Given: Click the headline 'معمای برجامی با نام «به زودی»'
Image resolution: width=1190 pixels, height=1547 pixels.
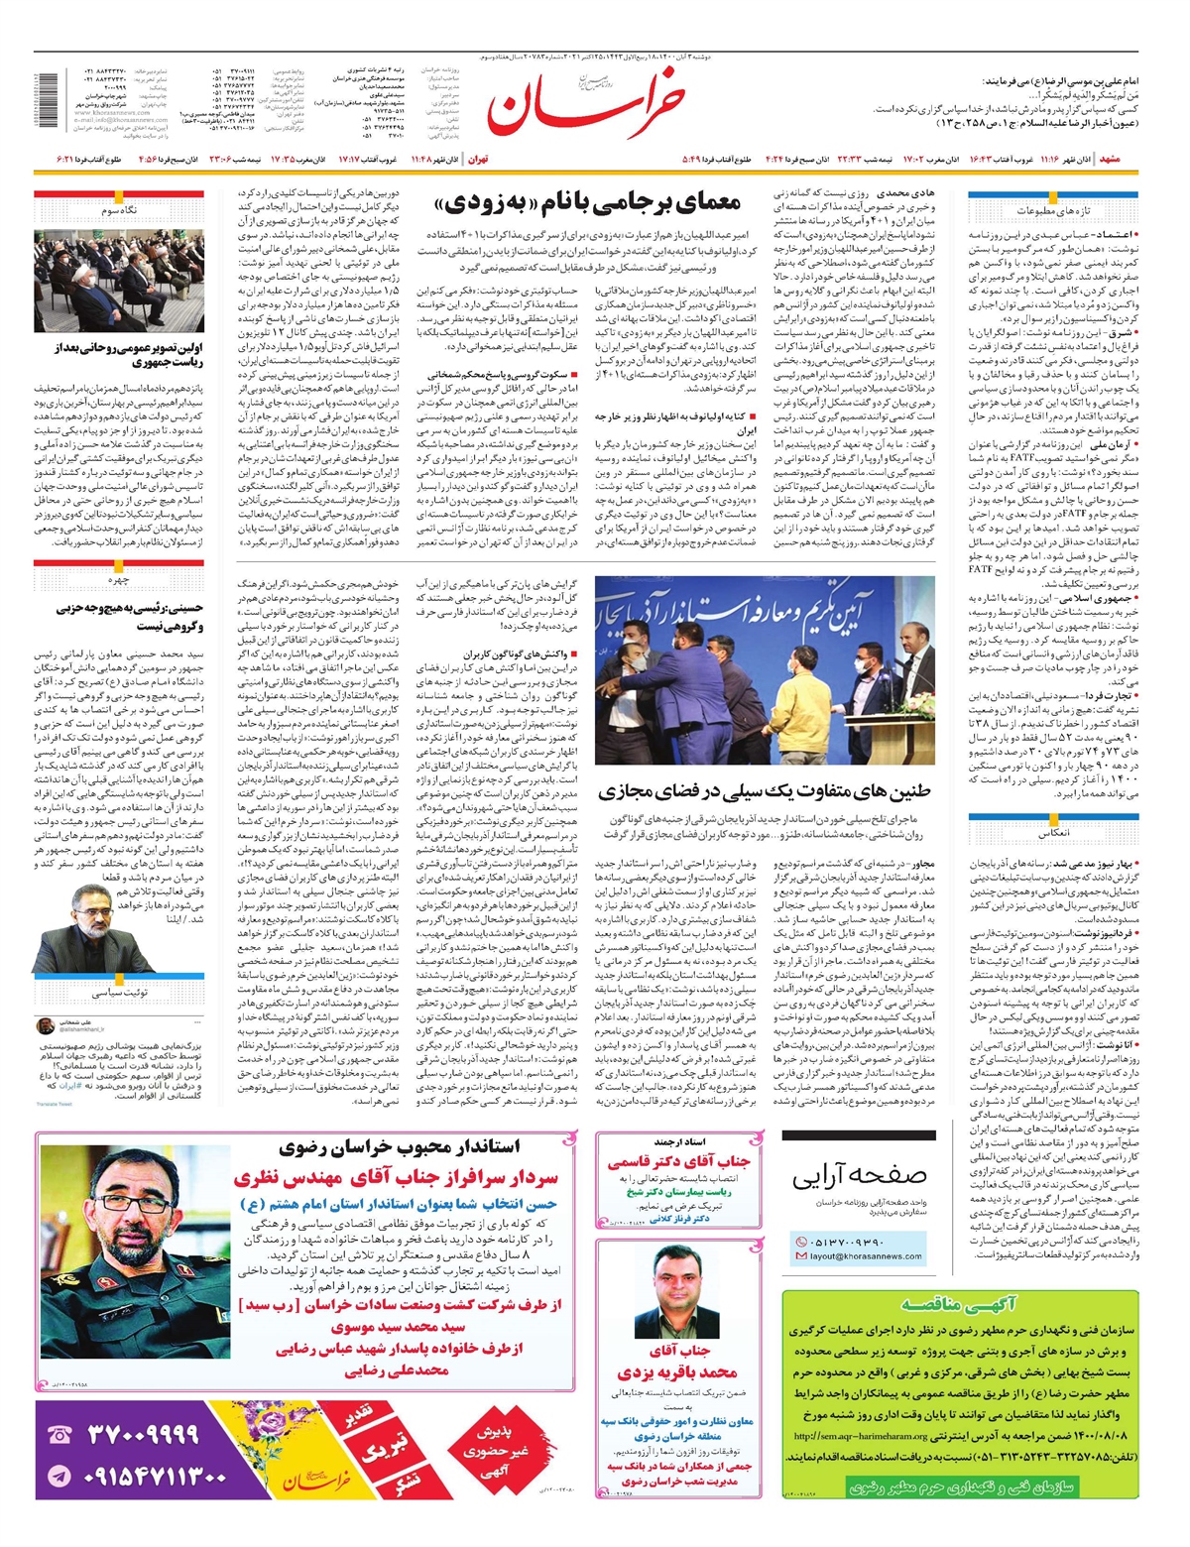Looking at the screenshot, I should (588, 204).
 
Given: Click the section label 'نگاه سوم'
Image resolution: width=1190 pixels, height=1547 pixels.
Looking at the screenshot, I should (119, 211).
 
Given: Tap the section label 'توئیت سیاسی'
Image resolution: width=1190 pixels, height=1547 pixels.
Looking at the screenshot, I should (119, 992).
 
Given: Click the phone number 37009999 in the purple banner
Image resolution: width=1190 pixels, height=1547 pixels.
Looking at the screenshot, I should (143, 1434).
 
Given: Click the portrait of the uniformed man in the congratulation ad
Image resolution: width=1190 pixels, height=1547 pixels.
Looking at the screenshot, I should (134, 1258).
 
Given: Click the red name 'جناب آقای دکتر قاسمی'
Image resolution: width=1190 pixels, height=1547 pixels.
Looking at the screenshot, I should (679, 1161).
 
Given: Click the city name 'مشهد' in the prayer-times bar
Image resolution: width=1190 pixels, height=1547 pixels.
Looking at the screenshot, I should (1112, 159).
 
